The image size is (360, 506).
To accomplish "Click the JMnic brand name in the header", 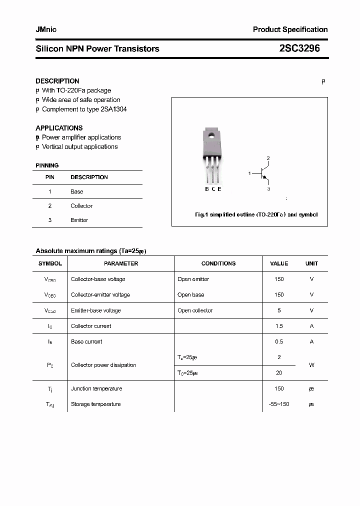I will tap(46, 29).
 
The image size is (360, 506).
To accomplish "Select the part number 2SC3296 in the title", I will tap(299, 48).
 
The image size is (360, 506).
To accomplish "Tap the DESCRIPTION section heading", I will tap(57, 81).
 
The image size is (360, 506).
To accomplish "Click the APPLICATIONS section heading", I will tap(59, 128).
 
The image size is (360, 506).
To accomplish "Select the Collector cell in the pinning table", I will tap(81, 206).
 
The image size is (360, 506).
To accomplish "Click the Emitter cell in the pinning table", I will tap(79, 220).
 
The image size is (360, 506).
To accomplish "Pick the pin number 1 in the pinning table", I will tap(50, 191).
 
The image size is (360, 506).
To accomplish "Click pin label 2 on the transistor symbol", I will tap(268, 158).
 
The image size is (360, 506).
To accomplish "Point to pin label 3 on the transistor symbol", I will tap(268, 189).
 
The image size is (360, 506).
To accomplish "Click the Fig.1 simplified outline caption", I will tap(256, 214).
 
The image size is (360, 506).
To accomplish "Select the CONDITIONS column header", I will tap(218, 263).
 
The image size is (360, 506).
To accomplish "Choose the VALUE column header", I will tap(279, 263).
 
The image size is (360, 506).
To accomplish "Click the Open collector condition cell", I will tap(195, 310).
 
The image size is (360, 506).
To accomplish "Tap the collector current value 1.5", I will tap(279, 326).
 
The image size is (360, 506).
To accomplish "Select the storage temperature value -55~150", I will tap(279, 404).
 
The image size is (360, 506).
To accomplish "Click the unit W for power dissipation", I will tap(311, 365).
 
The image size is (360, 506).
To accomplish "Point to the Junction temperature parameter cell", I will tap(96, 388).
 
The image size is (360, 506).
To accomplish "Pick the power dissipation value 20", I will tap(279, 373).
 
